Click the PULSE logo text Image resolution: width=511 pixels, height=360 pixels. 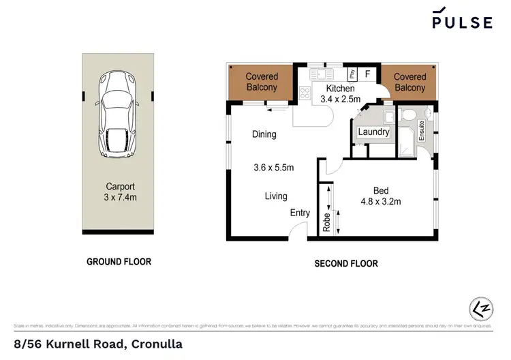(x=462, y=22)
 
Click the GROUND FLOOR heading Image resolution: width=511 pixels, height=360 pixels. (x=119, y=262)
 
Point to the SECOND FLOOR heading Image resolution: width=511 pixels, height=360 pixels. (x=345, y=264)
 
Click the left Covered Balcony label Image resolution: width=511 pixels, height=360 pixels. (x=261, y=82)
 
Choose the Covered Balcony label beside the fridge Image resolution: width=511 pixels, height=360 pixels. (x=409, y=82)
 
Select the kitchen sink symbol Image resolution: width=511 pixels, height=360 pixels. (x=319, y=74)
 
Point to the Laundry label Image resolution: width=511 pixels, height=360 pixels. (x=373, y=132)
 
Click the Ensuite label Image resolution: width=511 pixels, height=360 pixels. (x=422, y=129)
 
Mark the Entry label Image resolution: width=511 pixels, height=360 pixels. (x=300, y=213)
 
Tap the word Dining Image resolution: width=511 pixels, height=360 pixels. (x=264, y=134)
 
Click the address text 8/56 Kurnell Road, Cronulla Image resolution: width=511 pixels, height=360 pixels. (x=98, y=344)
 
